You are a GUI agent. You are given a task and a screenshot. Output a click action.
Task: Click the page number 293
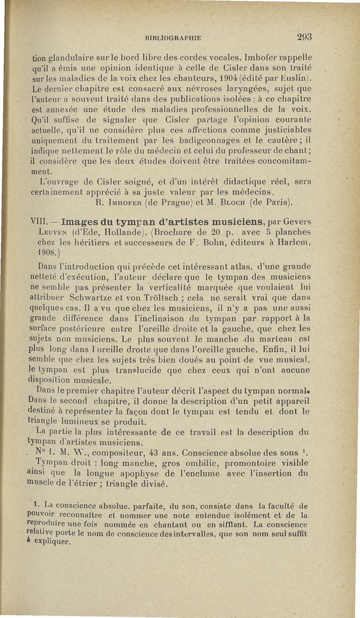coord(304,37)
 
